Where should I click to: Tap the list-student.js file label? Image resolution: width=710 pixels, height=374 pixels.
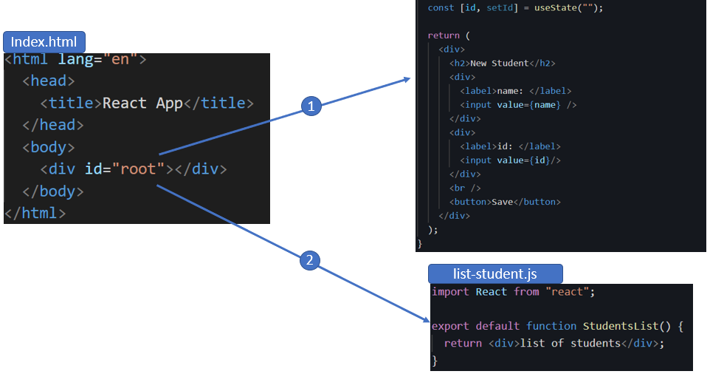click(x=495, y=274)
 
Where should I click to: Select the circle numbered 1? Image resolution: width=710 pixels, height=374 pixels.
click(x=311, y=106)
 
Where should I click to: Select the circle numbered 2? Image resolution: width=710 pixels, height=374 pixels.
click(x=309, y=259)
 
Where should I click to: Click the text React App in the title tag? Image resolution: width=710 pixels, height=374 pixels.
click(x=142, y=103)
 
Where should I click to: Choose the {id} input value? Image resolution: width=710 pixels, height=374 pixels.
click(x=540, y=160)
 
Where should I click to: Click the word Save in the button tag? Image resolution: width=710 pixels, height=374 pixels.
click(x=503, y=202)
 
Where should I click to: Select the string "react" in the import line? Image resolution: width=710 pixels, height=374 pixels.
click(x=571, y=292)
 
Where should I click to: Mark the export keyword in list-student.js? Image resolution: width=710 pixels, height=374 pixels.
click(x=450, y=326)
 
